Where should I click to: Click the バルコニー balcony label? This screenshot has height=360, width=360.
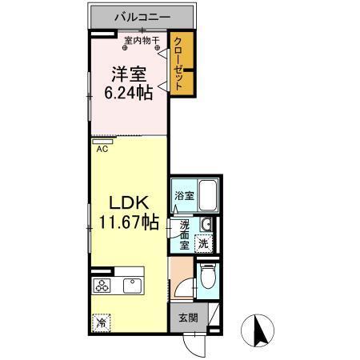point(141,16)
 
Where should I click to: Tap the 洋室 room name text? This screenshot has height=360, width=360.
point(129,75)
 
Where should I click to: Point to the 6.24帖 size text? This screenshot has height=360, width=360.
point(129,93)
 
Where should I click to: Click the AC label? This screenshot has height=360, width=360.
point(102,148)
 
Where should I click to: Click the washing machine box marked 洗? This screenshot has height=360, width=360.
point(204,243)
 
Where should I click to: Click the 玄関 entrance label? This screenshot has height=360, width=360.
point(186,316)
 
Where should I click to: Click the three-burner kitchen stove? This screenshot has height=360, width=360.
point(102,286)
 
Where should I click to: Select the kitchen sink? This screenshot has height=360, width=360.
point(130,286)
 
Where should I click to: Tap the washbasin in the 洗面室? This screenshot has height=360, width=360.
point(206,224)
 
